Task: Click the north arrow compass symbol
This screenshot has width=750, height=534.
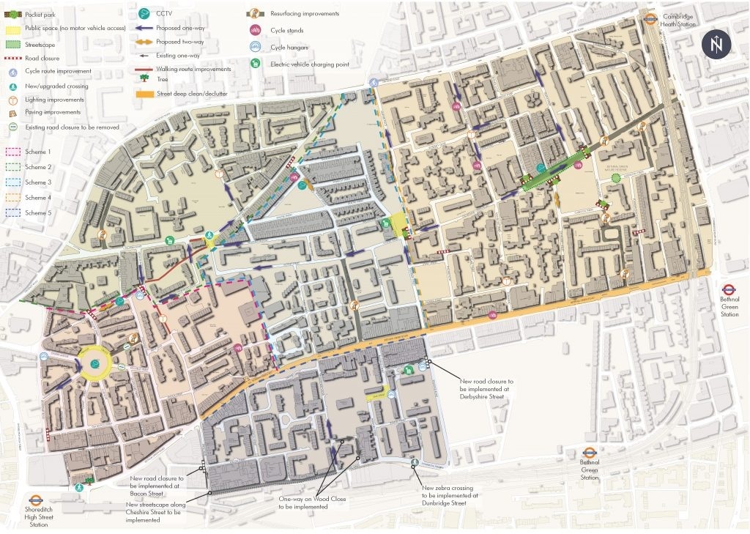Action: pos(716,45)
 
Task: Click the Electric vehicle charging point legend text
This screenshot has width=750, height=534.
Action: pos(307,64)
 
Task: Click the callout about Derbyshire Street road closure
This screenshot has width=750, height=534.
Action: pos(486,390)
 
